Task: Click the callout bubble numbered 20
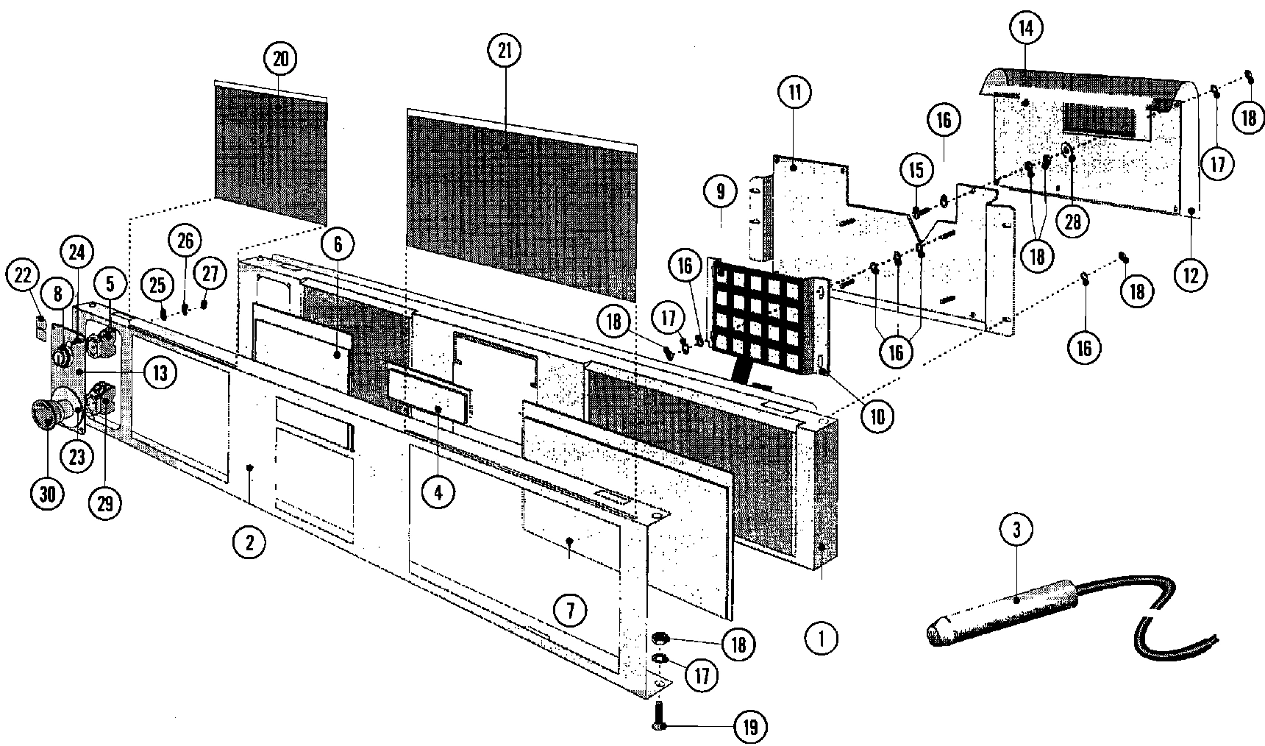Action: click(282, 59)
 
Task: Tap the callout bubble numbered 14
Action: click(1025, 29)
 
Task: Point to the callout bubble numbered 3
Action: click(1016, 530)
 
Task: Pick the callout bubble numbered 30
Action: click(47, 494)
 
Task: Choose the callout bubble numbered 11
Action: click(795, 93)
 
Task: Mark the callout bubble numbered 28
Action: click(1073, 221)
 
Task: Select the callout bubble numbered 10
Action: click(877, 416)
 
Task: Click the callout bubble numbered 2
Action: click(249, 543)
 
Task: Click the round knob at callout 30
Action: click(44, 414)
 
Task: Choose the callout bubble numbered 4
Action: click(438, 492)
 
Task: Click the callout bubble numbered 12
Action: click(1191, 276)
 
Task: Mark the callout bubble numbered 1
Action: click(822, 639)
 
